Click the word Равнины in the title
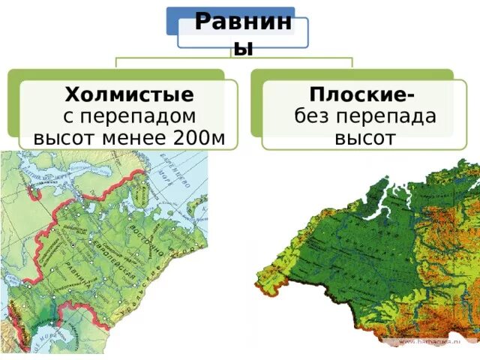click(242, 22)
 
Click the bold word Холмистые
click(129, 94)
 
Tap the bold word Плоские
click(363, 94)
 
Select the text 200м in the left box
click(203, 137)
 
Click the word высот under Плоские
click(364, 137)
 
